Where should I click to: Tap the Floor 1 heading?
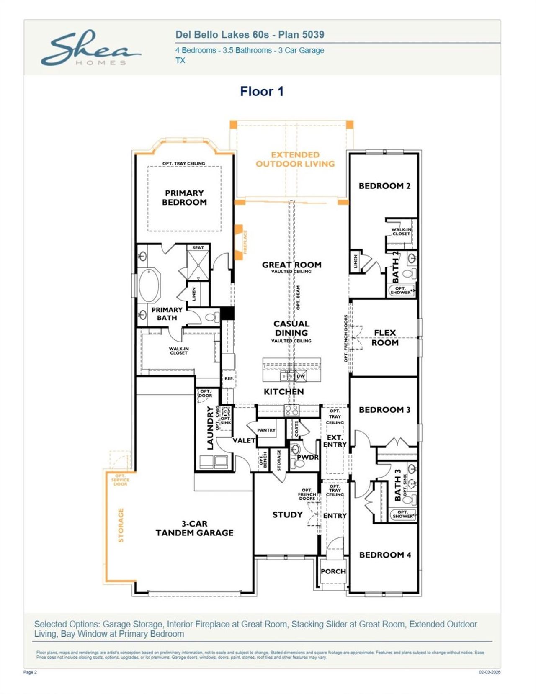(262, 91)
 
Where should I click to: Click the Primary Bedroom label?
(184, 198)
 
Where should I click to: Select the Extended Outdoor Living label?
(295, 159)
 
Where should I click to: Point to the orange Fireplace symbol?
(239, 242)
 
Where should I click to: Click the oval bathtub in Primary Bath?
(149, 286)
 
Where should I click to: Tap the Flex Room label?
(385, 337)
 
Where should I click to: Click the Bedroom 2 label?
(384, 186)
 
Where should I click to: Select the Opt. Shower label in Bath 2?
(401, 290)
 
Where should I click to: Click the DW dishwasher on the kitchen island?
(301, 376)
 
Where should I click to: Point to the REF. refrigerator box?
(229, 378)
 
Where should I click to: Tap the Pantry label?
(266, 430)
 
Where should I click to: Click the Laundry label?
(210, 428)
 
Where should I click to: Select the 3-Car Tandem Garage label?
(194, 528)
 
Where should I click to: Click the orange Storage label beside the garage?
(121, 525)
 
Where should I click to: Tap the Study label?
(287, 515)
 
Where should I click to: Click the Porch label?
(333, 571)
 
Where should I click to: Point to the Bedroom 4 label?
(385, 555)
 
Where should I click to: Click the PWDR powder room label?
(307, 457)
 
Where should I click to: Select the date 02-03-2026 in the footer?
(489, 672)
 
